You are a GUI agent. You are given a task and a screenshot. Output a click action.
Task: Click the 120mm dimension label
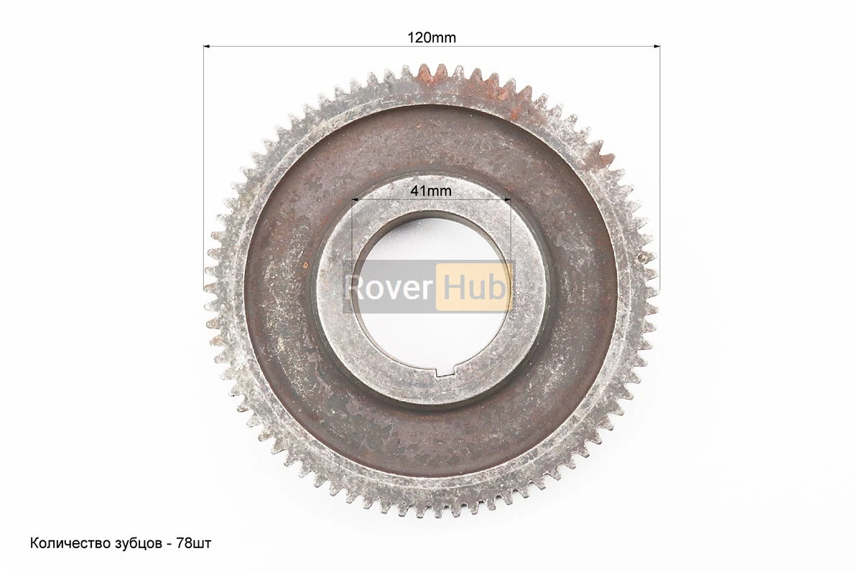(431, 37)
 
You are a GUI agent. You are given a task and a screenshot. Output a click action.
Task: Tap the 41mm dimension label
(431, 191)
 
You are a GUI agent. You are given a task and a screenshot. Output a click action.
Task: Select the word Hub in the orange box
(474, 287)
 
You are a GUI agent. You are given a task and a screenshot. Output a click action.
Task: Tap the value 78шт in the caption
(195, 544)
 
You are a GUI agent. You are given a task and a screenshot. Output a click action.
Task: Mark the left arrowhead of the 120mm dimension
(207, 47)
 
